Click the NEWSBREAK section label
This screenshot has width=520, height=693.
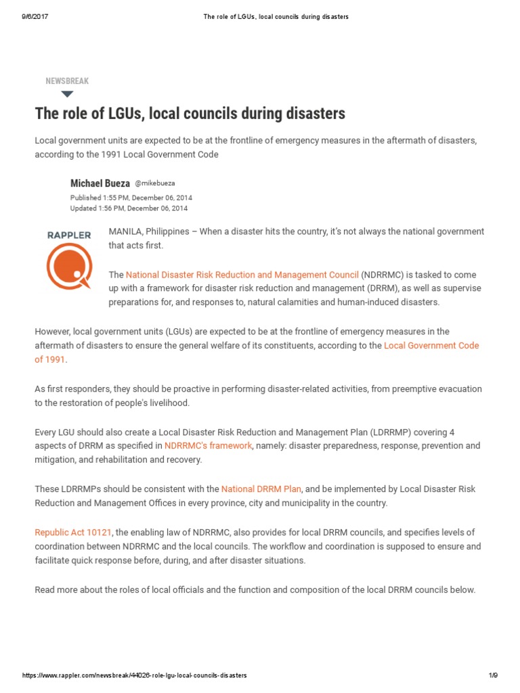[67, 81]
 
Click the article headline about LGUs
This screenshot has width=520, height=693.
[190, 113]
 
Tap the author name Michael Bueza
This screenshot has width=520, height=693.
[100, 183]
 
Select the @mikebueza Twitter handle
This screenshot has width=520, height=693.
[155, 183]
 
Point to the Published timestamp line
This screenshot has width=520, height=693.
[131, 198]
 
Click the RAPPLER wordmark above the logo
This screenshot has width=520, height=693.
[69, 235]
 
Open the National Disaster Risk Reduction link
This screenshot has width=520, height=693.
[242, 275]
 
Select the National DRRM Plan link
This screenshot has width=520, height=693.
[261, 489]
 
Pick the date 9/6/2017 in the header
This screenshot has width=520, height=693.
[35, 17]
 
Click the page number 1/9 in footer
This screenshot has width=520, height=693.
[492, 675]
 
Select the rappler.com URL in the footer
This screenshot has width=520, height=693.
[135, 675]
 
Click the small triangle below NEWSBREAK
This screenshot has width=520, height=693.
[66, 93]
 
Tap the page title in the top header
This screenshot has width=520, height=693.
[276, 17]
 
